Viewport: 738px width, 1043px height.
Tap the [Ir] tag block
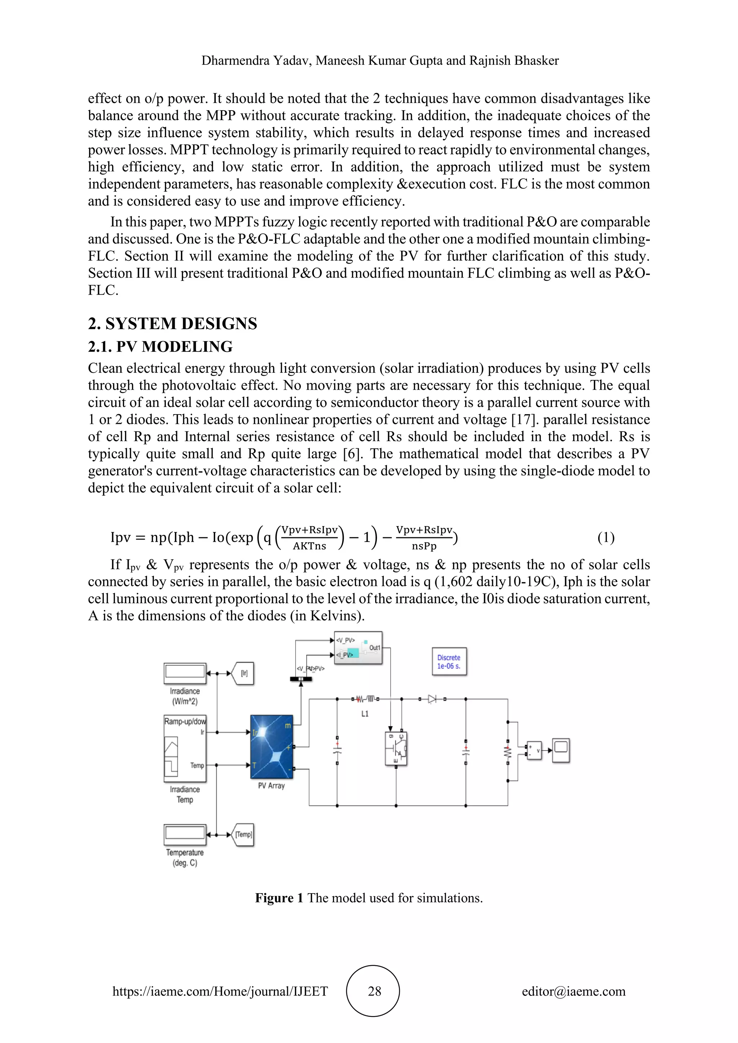[x=244, y=673]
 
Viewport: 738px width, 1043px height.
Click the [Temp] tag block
[x=243, y=834]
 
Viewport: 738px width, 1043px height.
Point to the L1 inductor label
[x=364, y=714]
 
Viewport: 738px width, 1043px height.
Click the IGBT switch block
[x=396, y=748]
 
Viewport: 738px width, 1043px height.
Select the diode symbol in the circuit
[x=432, y=699]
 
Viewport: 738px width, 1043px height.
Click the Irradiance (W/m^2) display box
[x=185, y=673]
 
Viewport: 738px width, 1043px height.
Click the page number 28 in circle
[x=374, y=991]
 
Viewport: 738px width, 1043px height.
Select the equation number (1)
[x=606, y=537]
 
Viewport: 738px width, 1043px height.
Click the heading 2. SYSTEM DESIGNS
[x=172, y=323]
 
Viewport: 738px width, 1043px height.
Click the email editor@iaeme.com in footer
[x=573, y=991]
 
